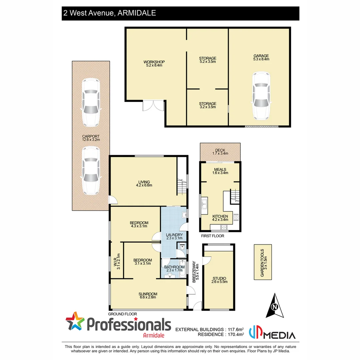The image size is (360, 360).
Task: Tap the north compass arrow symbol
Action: [275, 306]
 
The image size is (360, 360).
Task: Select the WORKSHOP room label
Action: [154, 62]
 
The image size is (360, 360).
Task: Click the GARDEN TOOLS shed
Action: [263, 262]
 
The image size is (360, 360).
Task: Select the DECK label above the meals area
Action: [220, 150]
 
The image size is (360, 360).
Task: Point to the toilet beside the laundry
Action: [182, 248]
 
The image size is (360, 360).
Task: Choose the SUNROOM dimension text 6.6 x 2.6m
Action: [148, 297]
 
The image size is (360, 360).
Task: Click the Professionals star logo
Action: [75, 322]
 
